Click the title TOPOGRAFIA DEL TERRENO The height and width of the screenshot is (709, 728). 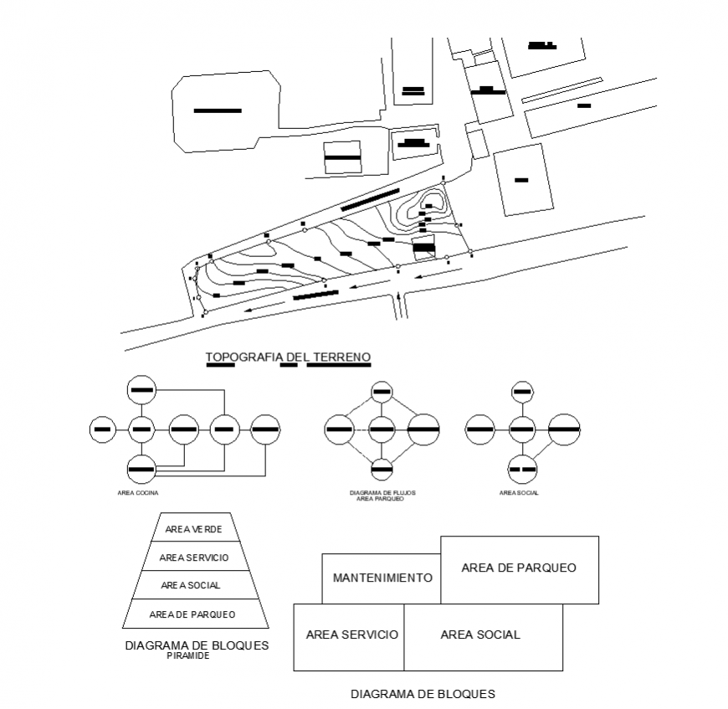click(x=288, y=358)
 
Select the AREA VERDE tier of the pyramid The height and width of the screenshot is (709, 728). click(x=194, y=529)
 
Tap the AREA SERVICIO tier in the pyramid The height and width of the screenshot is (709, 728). click(x=194, y=557)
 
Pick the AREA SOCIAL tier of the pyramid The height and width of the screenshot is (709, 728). click(x=194, y=585)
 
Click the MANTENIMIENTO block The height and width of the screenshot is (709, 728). click(x=382, y=578)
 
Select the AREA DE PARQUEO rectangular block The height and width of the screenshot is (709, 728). click(x=519, y=568)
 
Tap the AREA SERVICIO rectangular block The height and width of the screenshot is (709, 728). click(x=350, y=635)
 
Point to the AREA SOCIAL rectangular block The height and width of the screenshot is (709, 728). click(x=481, y=635)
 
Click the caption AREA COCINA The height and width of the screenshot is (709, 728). click(x=139, y=493)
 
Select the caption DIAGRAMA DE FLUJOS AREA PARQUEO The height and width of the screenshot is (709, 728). click(x=382, y=496)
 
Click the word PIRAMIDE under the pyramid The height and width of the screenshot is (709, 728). click(x=188, y=656)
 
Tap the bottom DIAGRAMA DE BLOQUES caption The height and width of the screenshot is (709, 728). click(x=423, y=694)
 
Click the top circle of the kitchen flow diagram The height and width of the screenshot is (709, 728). click(x=141, y=390)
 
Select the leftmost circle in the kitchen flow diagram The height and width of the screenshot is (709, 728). click(x=101, y=429)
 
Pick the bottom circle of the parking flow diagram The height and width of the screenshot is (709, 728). click(x=382, y=469)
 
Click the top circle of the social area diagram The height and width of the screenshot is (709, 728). click(x=522, y=390)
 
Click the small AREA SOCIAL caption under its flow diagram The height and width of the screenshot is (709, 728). click(x=520, y=493)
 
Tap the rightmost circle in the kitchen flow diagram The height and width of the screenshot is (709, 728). click(x=265, y=429)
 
